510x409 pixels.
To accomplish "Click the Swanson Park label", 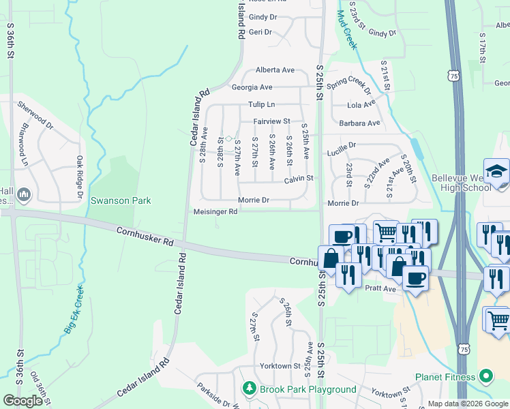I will click(121, 201).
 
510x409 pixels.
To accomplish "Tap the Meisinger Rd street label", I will click(215, 211).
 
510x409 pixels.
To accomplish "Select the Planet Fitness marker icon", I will click(485, 376).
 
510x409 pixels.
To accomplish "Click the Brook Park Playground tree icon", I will click(250, 389).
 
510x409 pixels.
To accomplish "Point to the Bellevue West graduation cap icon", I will click(496, 170).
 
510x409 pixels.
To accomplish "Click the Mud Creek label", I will click(347, 32).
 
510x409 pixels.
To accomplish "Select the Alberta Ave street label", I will click(275, 70).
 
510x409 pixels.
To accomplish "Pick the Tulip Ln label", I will click(261, 104).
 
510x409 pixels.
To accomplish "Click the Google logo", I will click(22, 401).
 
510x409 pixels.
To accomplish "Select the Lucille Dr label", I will click(341, 145).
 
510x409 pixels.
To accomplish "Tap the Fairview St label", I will click(272, 121).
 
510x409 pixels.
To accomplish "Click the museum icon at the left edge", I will click(24, 196).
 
